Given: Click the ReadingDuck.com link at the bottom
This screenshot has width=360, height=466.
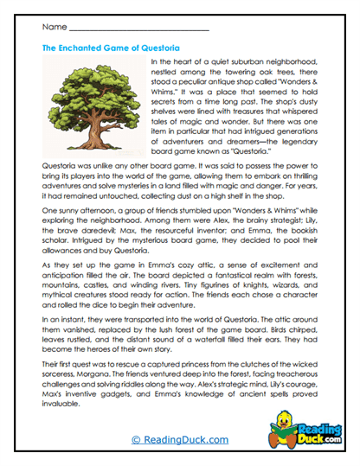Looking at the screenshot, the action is [x=179, y=439].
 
